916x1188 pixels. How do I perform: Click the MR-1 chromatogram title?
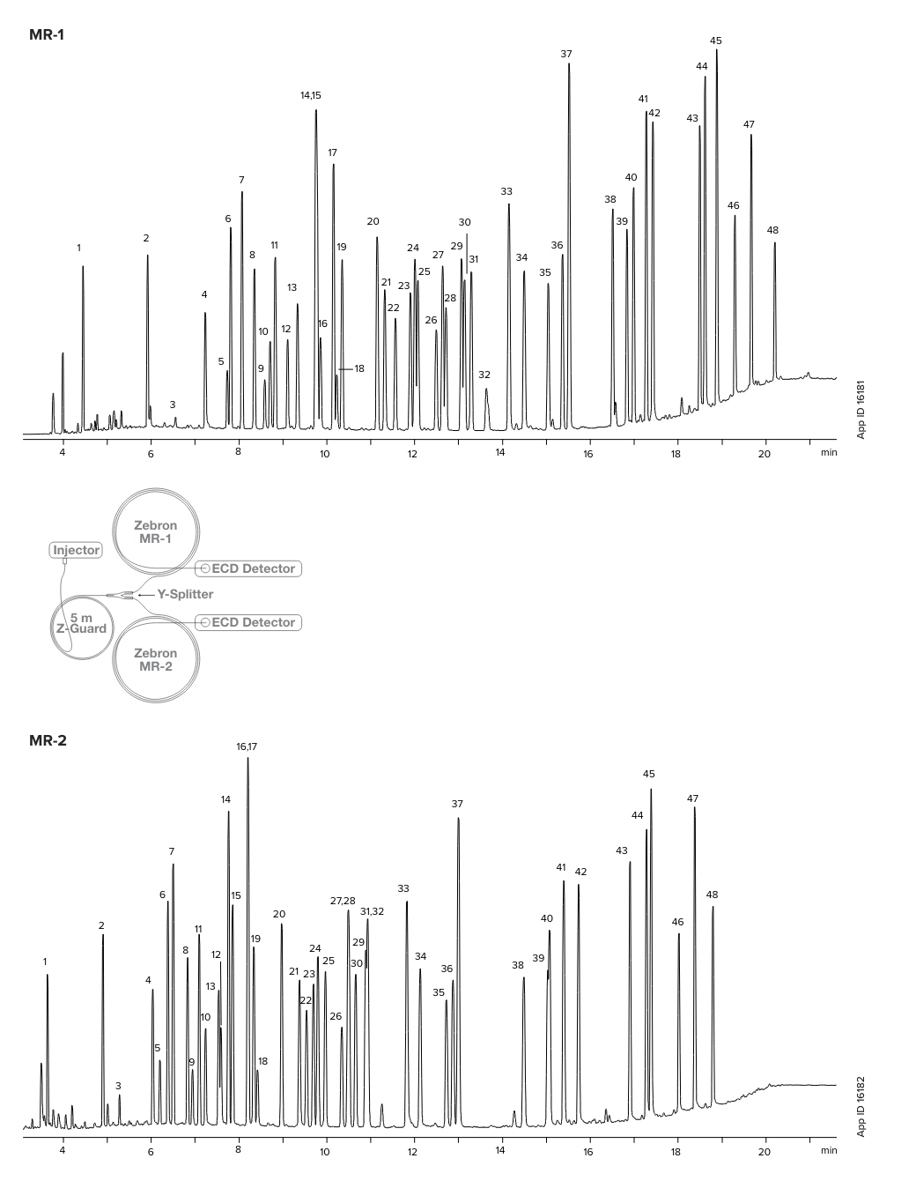point(47,35)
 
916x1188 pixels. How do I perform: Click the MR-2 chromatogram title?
point(48,740)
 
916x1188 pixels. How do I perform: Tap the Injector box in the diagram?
point(76,550)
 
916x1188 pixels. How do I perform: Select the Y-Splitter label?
point(185,594)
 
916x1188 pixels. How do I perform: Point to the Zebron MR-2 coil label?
point(155,659)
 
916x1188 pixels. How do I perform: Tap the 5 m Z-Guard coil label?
point(81,623)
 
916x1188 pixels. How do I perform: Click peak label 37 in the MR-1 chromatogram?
point(566,55)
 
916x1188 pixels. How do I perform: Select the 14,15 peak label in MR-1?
point(311,95)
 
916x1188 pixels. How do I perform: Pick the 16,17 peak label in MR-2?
point(247,746)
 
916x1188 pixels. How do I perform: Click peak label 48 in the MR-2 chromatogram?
point(712,895)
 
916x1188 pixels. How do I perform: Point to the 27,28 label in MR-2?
point(343,901)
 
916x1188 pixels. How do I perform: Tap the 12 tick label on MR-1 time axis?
point(412,453)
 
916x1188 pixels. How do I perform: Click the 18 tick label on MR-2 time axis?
point(676,1150)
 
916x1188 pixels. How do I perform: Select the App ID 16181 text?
point(861,409)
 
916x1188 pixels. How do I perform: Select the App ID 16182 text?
point(861,1106)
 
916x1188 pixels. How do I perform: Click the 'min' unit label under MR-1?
point(828,453)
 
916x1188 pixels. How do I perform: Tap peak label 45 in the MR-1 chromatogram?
point(715,41)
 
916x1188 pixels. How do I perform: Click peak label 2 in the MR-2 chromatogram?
point(101,925)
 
